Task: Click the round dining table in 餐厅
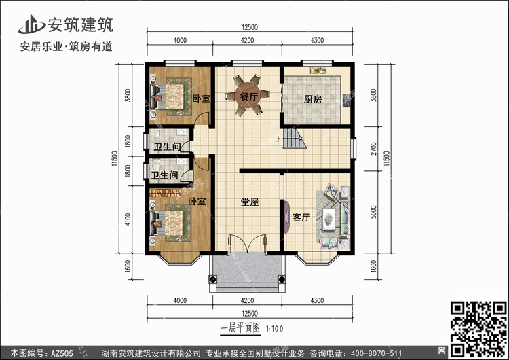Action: [x=248, y=95]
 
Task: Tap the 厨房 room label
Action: [x=313, y=99]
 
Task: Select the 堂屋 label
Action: [x=250, y=202]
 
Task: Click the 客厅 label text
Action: [x=301, y=217]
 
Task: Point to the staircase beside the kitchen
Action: [x=295, y=139]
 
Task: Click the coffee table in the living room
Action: [x=329, y=219]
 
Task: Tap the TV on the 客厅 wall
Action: [x=286, y=217]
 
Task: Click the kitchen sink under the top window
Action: [x=318, y=70]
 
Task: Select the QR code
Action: [x=478, y=329]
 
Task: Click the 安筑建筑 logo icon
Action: [x=31, y=24]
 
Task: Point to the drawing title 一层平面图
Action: [x=240, y=329]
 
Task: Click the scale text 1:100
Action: [x=275, y=329]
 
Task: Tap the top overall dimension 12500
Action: [x=250, y=27]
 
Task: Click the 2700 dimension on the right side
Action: [x=374, y=149]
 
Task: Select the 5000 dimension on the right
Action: [x=374, y=212]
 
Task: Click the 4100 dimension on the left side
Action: [x=128, y=219]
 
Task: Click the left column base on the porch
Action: [x=212, y=279]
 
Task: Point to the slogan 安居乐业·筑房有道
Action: [x=67, y=46]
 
